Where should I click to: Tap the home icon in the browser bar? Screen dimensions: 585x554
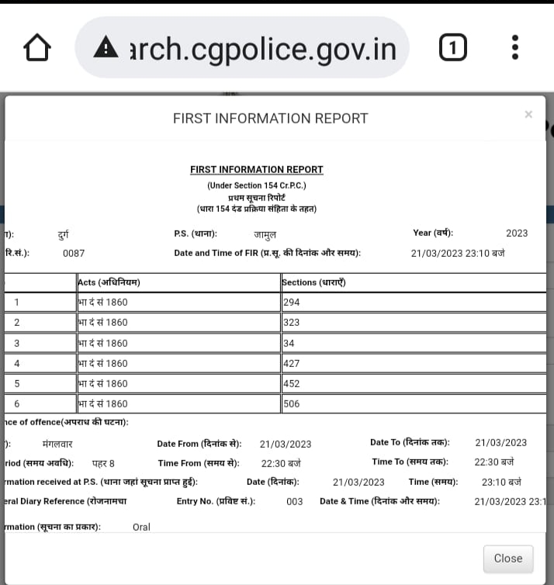[x=37, y=49]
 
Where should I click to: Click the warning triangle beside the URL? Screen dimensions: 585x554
[x=105, y=49]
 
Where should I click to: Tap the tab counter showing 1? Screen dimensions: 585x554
[x=453, y=49]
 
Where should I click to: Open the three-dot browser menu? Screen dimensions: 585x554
[x=515, y=48]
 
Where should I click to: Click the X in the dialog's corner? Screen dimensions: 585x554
[x=528, y=115]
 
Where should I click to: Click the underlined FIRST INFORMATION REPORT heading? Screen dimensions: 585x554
[x=257, y=170]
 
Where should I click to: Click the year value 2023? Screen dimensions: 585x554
[x=517, y=233]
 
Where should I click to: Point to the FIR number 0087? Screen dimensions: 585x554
[x=74, y=253]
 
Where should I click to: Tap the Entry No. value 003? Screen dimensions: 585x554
[x=295, y=502]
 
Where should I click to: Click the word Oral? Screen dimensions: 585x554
[x=141, y=527]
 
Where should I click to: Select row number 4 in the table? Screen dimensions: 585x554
[x=16, y=363]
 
